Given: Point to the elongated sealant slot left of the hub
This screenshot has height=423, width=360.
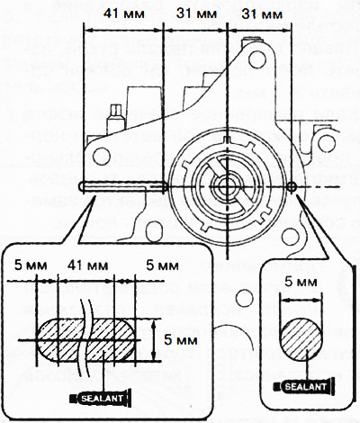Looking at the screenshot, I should point(121,187).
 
